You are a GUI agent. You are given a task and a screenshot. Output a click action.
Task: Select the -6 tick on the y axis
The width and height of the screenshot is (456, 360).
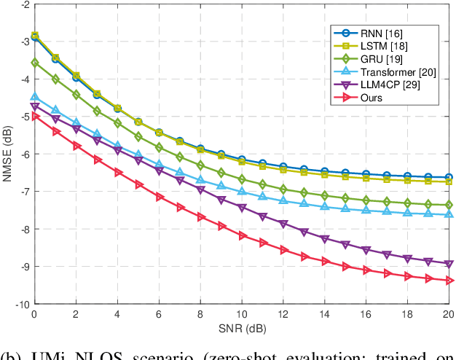click(x=23, y=154)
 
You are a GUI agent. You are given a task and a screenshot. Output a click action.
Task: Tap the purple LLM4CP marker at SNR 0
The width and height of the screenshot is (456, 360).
click(x=34, y=107)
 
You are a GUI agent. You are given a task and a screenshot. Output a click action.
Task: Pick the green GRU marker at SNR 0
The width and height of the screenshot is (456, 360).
click(x=34, y=63)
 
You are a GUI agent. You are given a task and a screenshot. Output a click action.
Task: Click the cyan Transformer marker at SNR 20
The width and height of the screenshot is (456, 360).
click(x=449, y=214)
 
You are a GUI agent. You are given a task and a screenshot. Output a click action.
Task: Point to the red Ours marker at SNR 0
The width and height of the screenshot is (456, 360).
click(x=34, y=117)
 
